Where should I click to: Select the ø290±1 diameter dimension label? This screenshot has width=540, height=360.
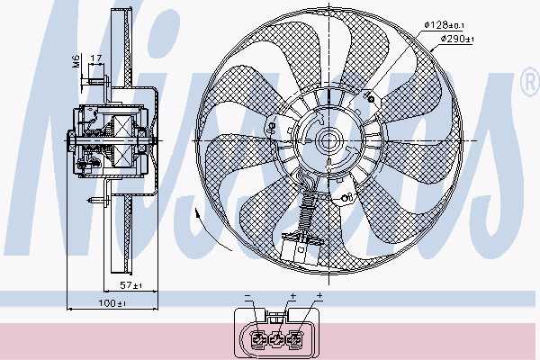(457, 39)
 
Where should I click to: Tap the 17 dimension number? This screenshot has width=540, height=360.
(95, 58)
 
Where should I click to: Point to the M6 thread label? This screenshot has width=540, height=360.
(76, 60)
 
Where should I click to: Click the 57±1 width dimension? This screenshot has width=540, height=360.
(130, 285)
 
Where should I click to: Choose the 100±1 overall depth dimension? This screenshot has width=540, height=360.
(112, 303)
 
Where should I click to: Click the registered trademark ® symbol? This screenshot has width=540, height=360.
(530, 82)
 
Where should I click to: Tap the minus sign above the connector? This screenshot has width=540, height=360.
(247, 296)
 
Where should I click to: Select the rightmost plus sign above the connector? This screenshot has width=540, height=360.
(319, 295)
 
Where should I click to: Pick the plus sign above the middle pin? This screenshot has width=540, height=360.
(293, 295)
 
